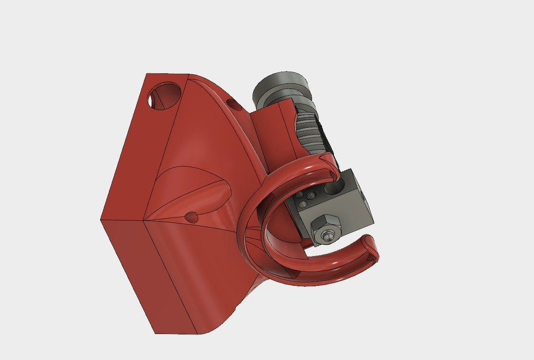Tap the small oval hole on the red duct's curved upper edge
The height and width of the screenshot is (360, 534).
[x=235, y=105]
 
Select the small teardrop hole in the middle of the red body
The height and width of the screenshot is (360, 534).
[x=192, y=217]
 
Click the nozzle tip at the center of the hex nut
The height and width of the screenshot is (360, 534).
[x=327, y=236]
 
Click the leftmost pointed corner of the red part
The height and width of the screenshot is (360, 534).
[x=101, y=220]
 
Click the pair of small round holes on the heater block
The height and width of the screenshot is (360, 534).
[x=306, y=197]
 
